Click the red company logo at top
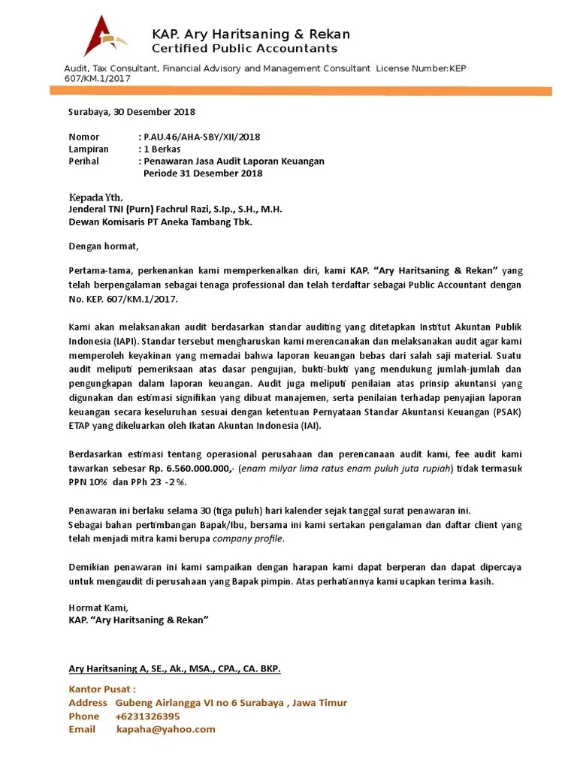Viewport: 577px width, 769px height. click(x=105, y=41)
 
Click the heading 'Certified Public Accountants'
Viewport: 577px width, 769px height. click(x=244, y=49)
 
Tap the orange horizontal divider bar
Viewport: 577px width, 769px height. click(x=301, y=91)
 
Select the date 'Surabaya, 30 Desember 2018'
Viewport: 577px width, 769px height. click(x=131, y=112)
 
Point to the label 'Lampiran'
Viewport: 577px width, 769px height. click(x=89, y=149)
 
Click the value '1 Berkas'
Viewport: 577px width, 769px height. click(x=162, y=149)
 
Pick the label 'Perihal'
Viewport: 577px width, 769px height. click(x=84, y=161)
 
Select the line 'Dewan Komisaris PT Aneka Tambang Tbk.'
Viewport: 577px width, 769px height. click(x=161, y=222)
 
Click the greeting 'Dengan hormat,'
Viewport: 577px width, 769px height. click(x=104, y=246)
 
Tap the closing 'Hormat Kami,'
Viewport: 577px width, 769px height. click(x=98, y=608)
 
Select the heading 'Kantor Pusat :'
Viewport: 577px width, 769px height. click(x=102, y=689)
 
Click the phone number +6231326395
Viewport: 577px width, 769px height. click(x=148, y=716)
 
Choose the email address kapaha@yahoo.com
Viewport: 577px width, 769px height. click(x=165, y=729)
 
